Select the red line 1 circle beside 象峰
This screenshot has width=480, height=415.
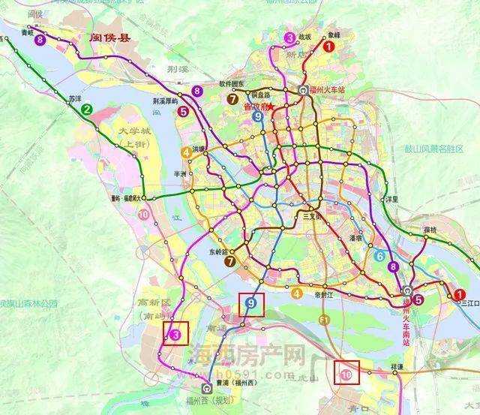(x=328, y=46)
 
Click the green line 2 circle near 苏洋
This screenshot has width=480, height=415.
(x=88, y=110)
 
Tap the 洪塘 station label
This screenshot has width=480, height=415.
(x=198, y=149)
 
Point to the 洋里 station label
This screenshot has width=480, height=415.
(x=391, y=199)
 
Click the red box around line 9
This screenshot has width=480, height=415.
(x=250, y=304)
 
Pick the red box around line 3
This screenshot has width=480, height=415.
(x=175, y=332)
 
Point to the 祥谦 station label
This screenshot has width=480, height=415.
(x=396, y=366)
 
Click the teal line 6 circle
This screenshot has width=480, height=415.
(x=381, y=257)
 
